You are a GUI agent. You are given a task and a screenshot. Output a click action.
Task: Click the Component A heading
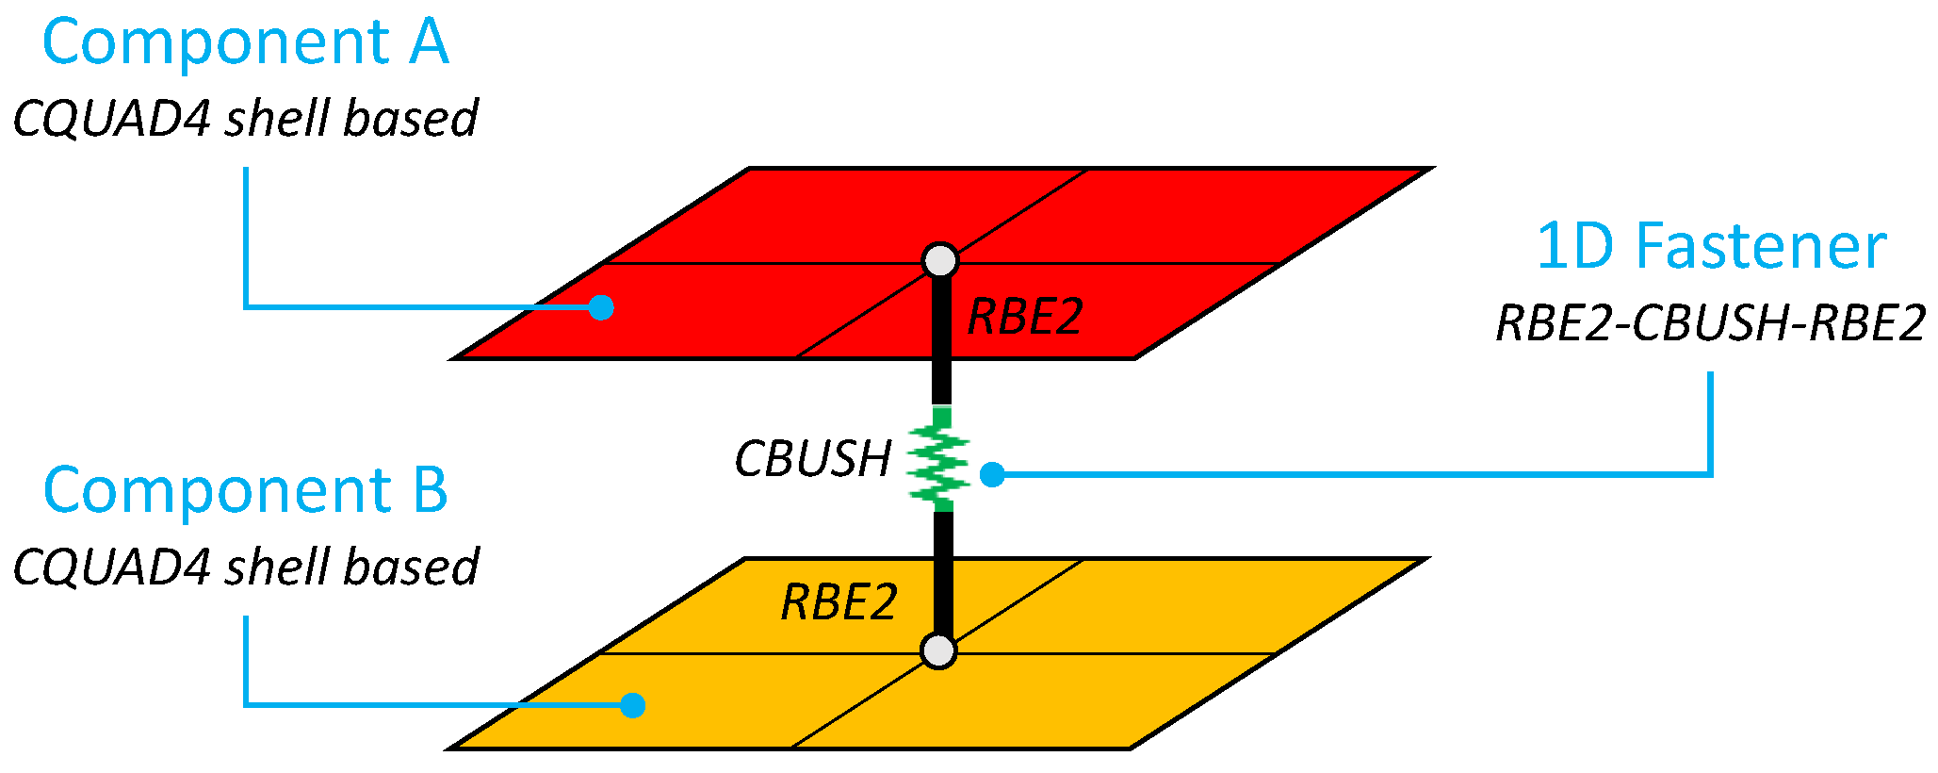(x=245, y=43)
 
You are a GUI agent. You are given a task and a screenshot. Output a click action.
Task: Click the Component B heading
(x=245, y=491)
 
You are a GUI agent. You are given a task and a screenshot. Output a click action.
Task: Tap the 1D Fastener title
(x=1711, y=247)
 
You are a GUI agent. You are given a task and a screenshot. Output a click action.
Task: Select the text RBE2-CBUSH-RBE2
(x=1711, y=324)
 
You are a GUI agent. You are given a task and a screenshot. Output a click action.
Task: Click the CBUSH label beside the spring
(x=812, y=460)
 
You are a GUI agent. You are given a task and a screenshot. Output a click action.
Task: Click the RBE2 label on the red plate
(x=1025, y=317)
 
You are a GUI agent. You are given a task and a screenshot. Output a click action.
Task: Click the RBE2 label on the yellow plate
(x=839, y=602)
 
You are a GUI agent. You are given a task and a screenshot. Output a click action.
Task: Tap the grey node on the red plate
(x=939, y=260)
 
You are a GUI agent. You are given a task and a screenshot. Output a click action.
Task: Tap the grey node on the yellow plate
(x=938, y=650)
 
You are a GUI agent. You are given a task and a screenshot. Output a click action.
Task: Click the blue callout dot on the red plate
(x=601, y=307)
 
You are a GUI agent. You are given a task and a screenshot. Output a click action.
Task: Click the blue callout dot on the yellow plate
(x=633, y=705)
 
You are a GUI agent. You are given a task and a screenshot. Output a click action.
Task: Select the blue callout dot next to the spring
(x=992, y=475)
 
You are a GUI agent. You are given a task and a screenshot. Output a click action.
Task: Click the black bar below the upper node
(x=941, y=339)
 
